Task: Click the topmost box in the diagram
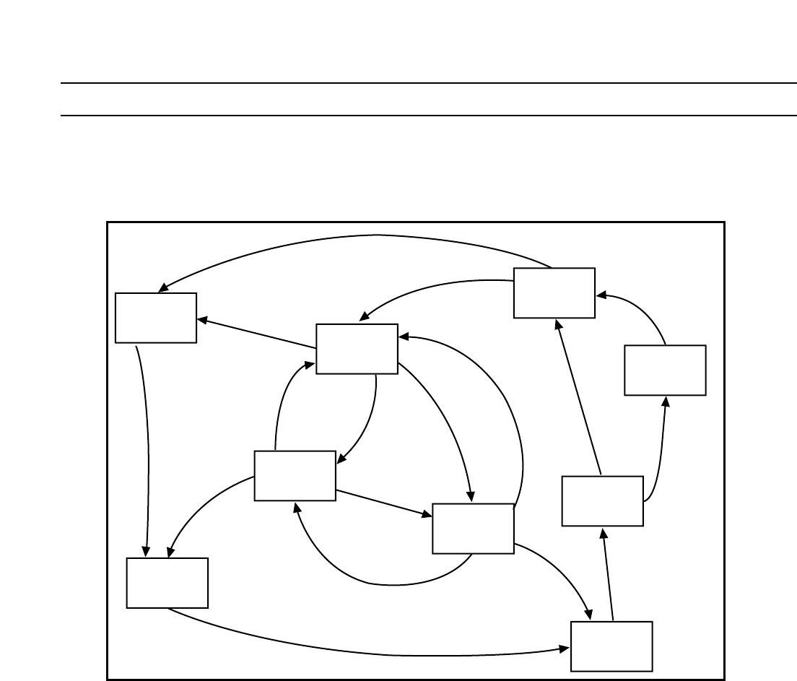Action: point(554,292)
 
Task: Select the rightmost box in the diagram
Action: point(665,370)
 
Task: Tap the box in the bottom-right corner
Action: point(611,646)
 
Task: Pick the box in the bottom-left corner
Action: point(167,582)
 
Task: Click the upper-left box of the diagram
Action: point(156,317)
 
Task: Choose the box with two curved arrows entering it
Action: point(357,349)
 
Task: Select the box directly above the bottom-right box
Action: point(602,500)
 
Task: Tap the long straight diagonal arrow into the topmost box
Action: point(578,397)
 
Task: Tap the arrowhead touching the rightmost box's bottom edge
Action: point(666,402)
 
